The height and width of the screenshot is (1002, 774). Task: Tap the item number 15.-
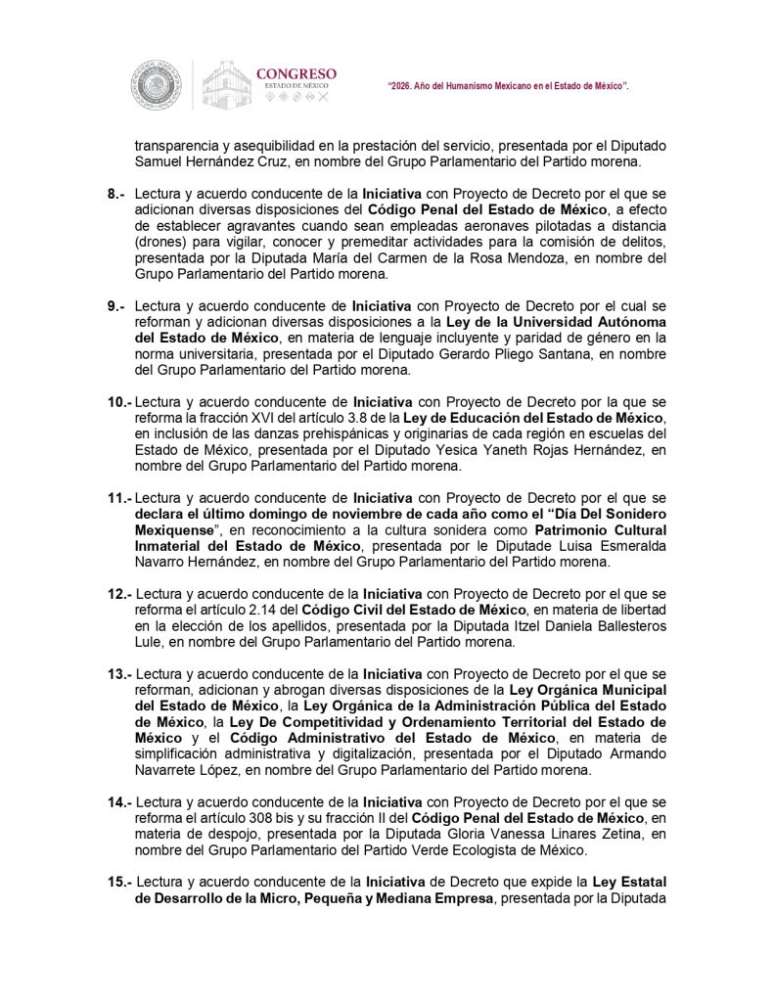(119, 884)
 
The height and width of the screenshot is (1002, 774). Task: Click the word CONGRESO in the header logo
(296, 73)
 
